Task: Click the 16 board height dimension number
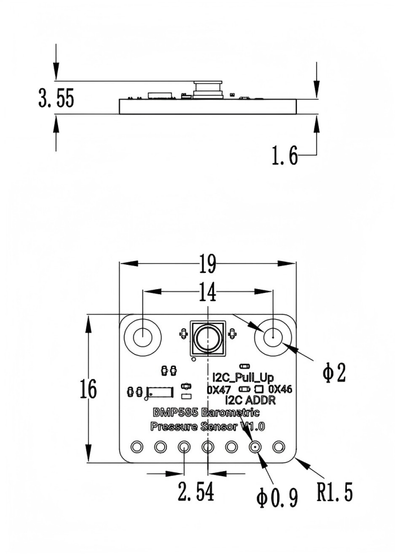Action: click(87, 389)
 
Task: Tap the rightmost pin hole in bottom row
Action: click(278, 447)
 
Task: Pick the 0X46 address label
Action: click(280, 389)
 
